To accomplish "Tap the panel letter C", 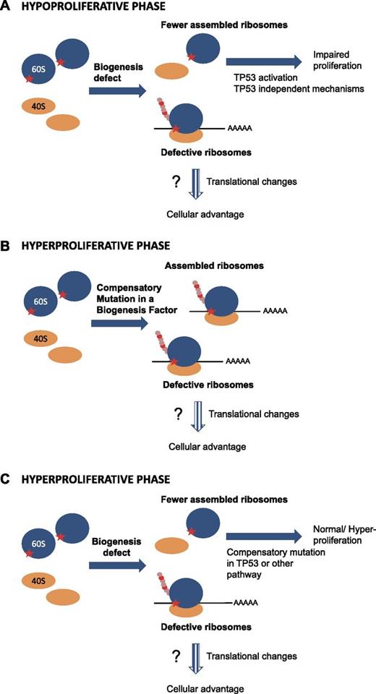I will [x=7, y=479].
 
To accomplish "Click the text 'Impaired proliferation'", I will [x=337, y=61].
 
